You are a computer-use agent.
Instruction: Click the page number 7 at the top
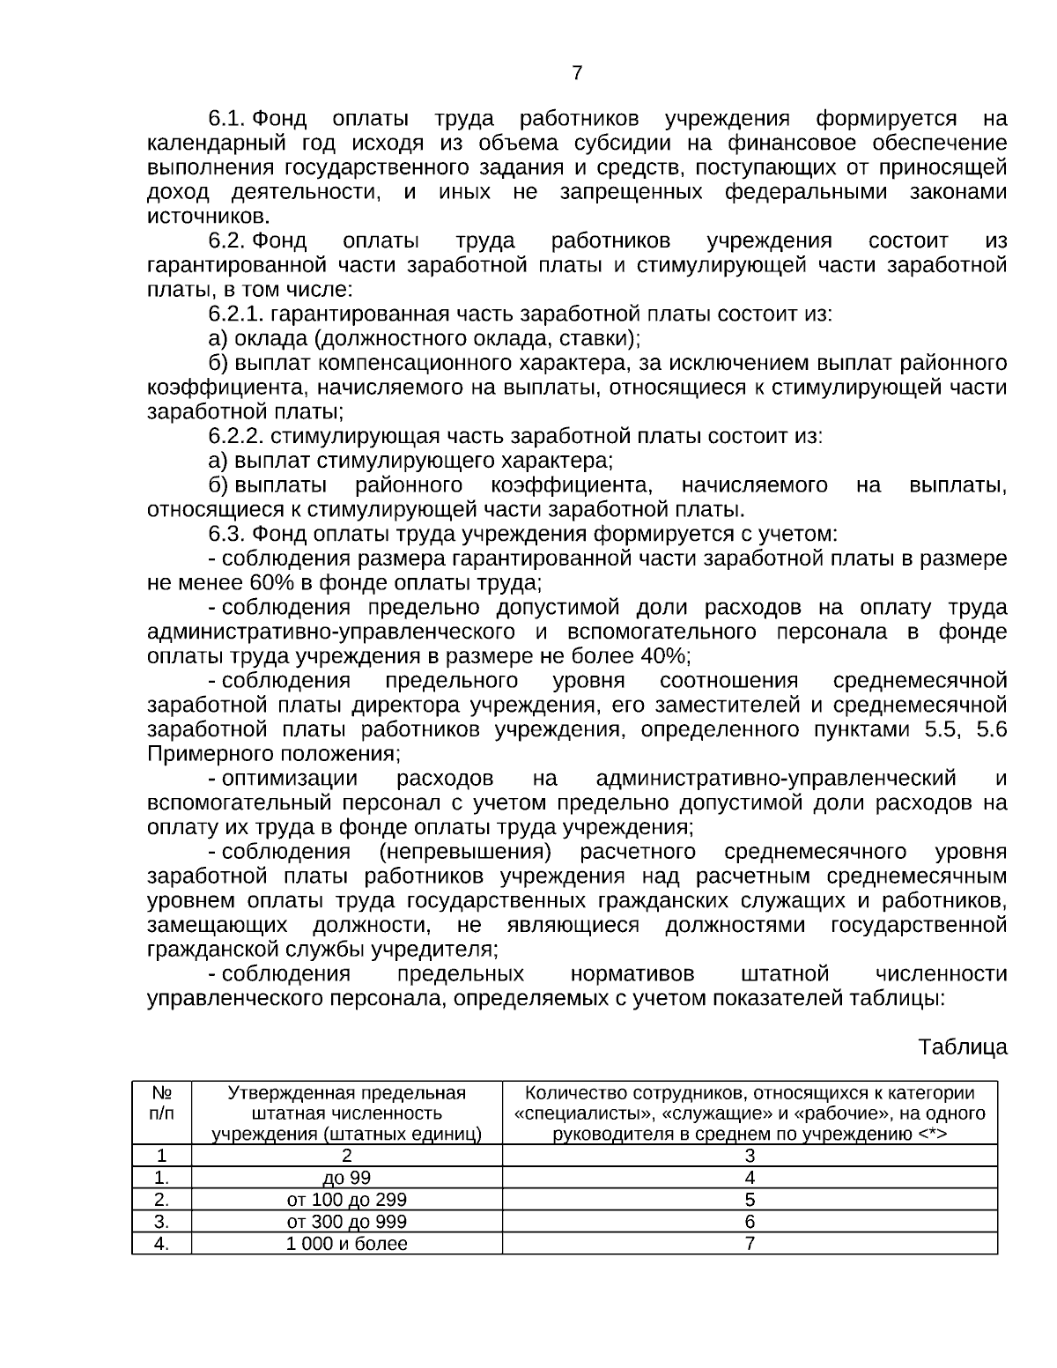click(x=577, y=73)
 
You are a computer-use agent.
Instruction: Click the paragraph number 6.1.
click(x=228, y=119)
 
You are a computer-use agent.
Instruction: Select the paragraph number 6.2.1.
click(x=238, y=314)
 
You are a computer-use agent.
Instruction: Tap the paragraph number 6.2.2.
click(x=238, y=436)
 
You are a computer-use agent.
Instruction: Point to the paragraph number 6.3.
click(x=228, y=534)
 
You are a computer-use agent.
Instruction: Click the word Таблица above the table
click(x=963, y=1047)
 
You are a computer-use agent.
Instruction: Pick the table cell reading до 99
click(x=347, y=1178)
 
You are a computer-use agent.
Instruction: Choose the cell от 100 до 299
click(x=347, y=1200)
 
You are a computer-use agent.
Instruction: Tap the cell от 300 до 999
click(x=347, y=1222)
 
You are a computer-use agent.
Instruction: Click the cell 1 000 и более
click(x=347, y=1244)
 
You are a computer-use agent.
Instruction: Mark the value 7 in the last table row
click(x=750, y=1244)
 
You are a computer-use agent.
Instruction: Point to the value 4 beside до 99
click(x=750, y=1178)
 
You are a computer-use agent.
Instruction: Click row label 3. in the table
click(x=161, y=1222)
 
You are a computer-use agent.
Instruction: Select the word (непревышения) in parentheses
click(x=465, y=852)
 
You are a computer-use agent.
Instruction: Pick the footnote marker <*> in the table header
click(x=932, y=1134)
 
